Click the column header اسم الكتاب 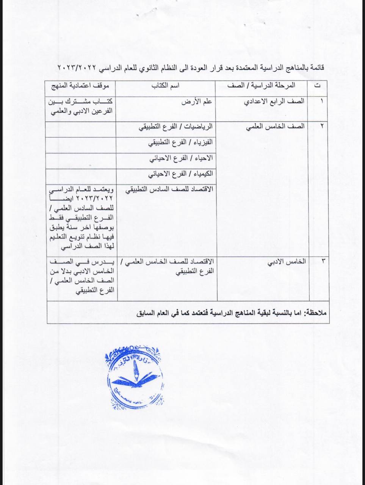[x=166, y=86]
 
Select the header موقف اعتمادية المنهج [x=80, y=86]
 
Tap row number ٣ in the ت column [x=322, y=261]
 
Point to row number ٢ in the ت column [x=322, y=127]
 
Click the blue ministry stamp [x=135, y=378]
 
